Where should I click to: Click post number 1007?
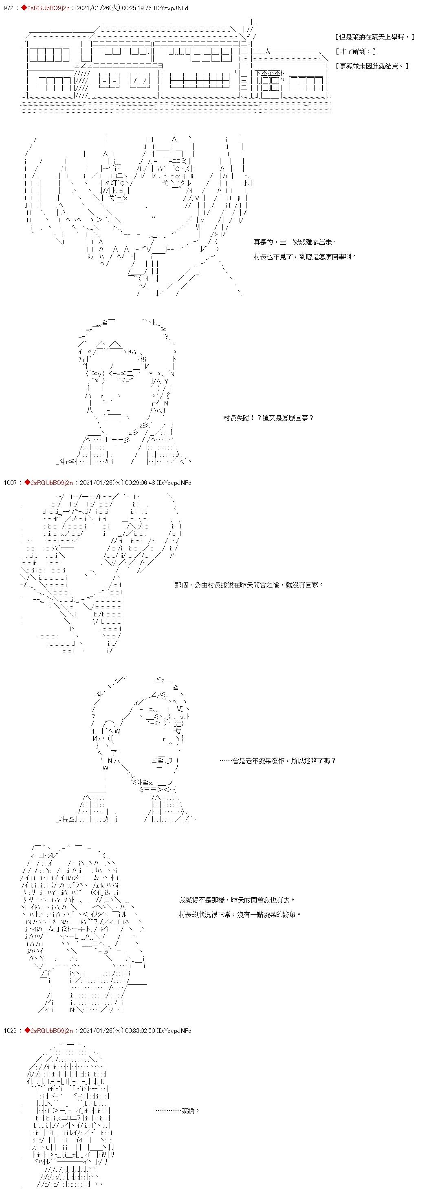point(10,482)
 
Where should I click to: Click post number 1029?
point(10,1030)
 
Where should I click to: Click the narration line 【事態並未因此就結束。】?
point(372,66)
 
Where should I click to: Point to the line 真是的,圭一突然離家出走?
point(295,242)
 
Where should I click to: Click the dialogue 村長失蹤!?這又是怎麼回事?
point(269,418)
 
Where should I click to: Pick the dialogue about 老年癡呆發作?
point(277,760)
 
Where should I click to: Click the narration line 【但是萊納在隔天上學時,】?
point(375,37)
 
